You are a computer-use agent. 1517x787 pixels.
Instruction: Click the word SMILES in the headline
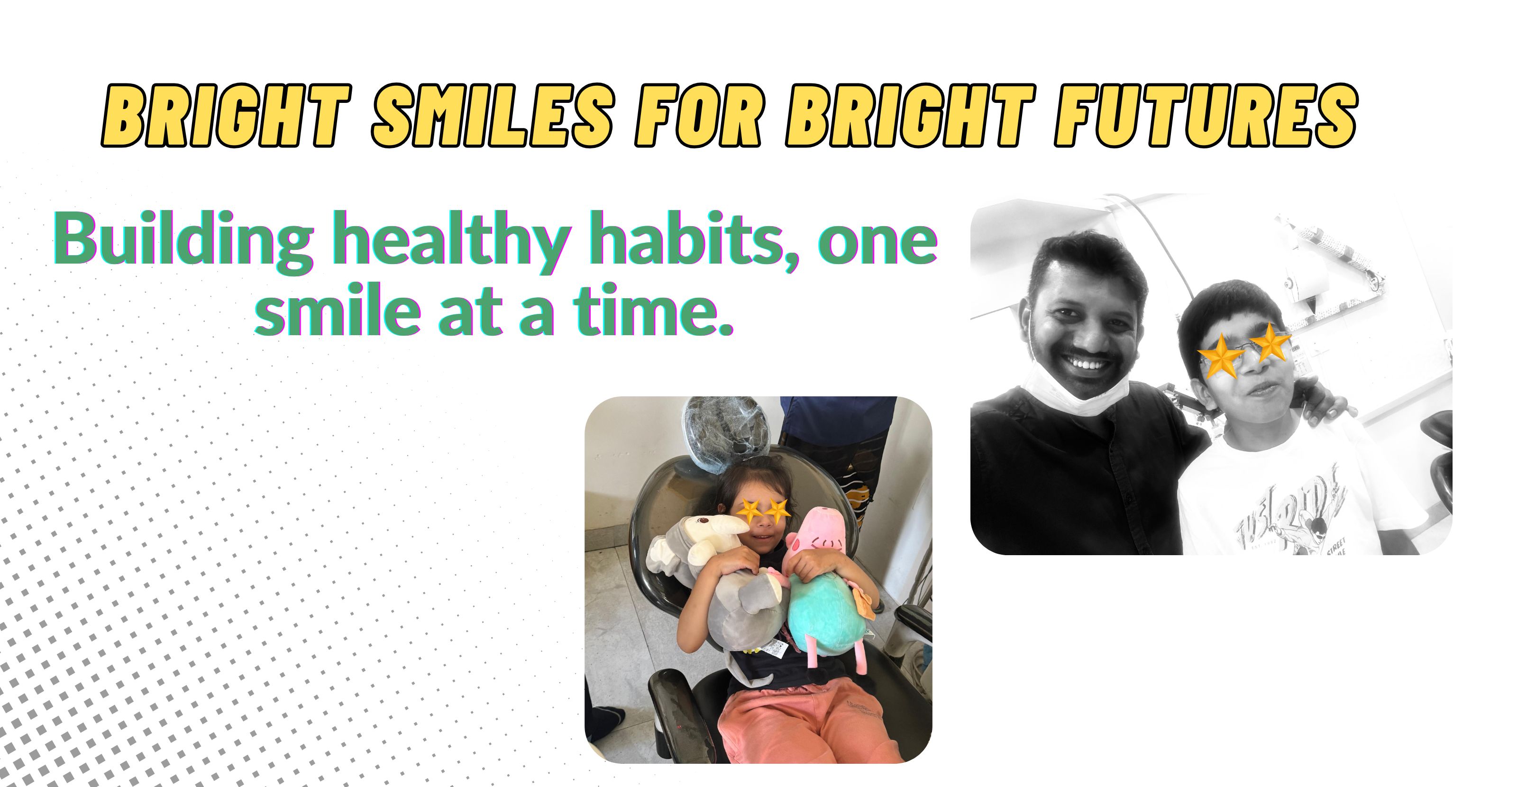(x=492, y=116)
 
